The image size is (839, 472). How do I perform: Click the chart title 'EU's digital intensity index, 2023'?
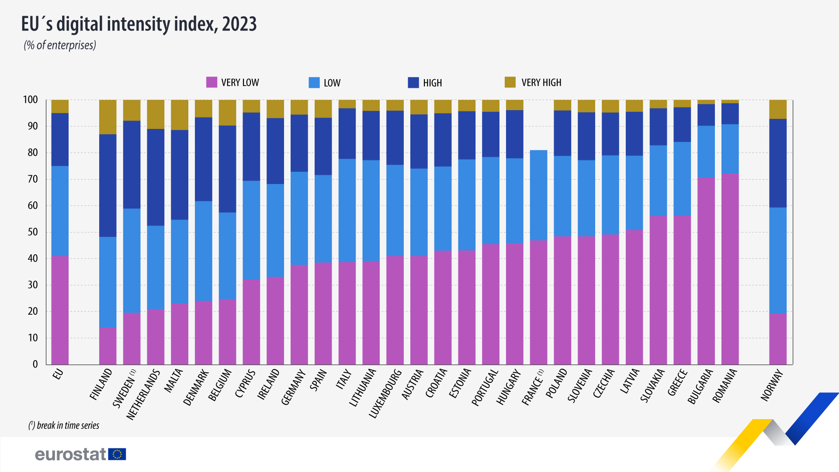click(x=139, y=24)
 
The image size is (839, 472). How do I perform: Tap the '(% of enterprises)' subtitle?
click(x=60, y=45)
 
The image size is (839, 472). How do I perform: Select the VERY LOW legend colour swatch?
click(x=211, y=82)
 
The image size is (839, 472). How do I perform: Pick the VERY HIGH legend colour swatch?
click(x=510, y=82)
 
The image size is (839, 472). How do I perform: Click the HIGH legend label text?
click(x=432, y=83)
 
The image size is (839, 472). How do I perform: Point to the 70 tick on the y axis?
click(x=33, y=179)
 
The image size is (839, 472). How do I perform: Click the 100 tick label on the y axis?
click(x=31, y=100)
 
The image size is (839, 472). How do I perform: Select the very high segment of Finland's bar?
click(x=108, y=117)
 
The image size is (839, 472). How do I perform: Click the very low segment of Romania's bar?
click(x=730, y=269)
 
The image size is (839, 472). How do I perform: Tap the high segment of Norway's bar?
click(x=778, y=163)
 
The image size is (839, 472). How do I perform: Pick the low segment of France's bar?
click(x=538, y=195)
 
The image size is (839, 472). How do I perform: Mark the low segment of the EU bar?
click(x=60, y=211)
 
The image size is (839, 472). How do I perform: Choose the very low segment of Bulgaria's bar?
click(x=706, y=271)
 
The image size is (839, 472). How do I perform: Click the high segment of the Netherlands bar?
click(x=156, y=177)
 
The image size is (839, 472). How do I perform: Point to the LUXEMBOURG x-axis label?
click(x=385, y=393)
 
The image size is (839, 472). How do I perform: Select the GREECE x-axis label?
click(x=678, y=383)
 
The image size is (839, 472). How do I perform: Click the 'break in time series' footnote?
click(x=64, y=425)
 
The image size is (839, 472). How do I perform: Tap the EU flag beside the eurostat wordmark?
click(x=117, y=455)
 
